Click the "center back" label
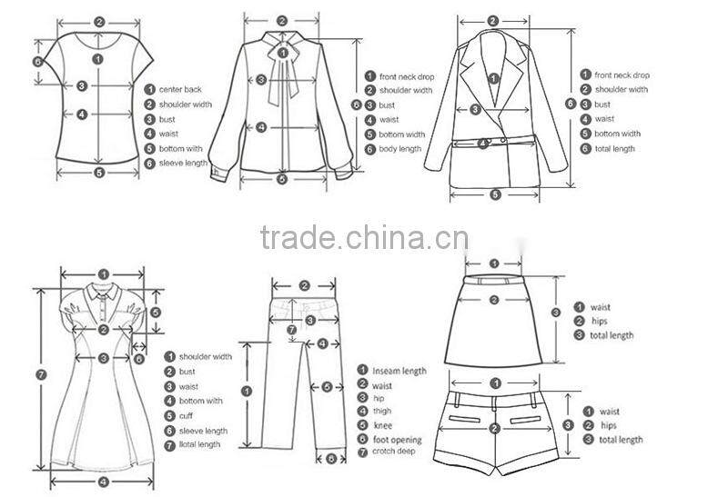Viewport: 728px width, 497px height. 180,89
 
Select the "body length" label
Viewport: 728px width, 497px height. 400,149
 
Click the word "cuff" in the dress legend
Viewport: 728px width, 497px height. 187,415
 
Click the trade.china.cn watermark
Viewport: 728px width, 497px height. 364,238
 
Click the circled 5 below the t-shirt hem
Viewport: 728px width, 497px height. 98,172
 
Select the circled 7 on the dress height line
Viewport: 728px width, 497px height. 40,374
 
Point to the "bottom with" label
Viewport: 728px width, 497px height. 181,148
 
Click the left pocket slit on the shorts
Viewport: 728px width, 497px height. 466,420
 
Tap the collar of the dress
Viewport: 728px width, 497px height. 104,293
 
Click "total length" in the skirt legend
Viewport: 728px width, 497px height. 612,335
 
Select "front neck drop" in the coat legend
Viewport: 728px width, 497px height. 622,75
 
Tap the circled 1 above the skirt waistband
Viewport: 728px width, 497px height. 493,263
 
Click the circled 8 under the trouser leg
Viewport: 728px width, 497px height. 331,458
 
